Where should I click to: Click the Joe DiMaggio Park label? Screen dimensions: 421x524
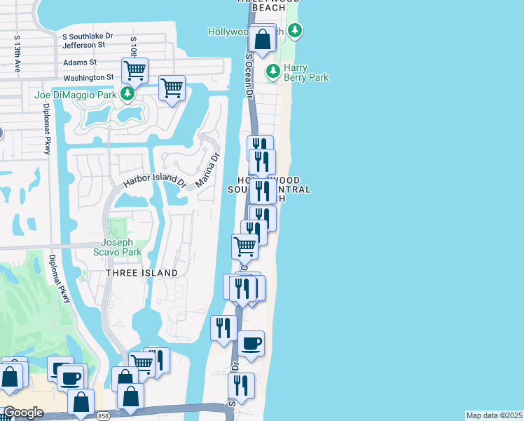point(76,94)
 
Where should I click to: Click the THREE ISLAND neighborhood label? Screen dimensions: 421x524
point(142,272)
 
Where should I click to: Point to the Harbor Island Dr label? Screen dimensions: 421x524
point(154,180)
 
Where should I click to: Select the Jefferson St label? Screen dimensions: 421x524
point(83,44)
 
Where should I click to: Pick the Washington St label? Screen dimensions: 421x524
point(88,78)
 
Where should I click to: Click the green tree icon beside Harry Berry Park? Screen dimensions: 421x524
point(273,71)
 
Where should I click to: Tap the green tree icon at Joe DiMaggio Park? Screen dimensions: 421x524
point(127,93)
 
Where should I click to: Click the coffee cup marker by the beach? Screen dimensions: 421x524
point(251,344)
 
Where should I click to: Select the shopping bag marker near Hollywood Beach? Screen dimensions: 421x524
point(263,39)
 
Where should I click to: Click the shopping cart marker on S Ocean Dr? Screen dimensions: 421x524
point(244,247)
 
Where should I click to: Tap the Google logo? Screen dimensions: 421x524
point(22,413)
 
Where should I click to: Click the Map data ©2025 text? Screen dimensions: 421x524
point(494,415)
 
